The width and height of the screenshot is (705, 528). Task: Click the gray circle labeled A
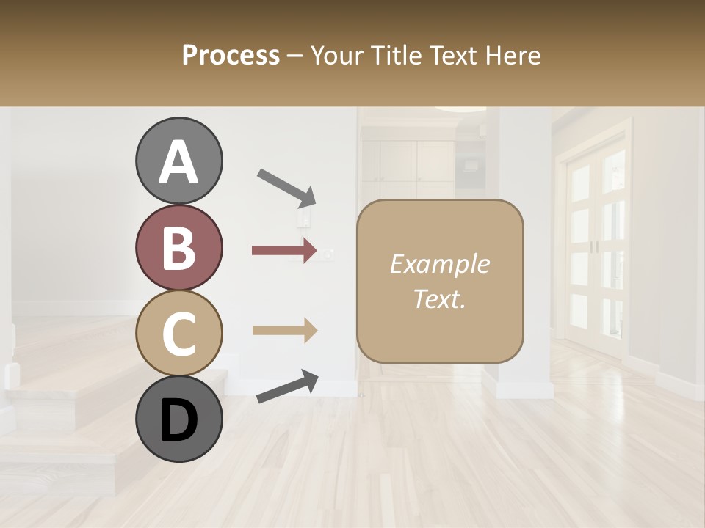click(x=179, y=161)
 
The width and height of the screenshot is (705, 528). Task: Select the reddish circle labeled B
click(x=179, y=247)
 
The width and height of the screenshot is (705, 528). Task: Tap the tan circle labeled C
click(x=179, y=333)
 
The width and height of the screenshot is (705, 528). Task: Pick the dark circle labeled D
click(x=179, y=419)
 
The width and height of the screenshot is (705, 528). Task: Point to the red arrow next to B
click(x=284, y=251)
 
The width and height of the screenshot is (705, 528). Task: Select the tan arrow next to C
click(x=284, y=330)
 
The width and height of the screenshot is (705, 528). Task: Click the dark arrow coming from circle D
click(x=287, y=386)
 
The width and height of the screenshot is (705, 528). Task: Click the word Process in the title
click(x=231, y=56)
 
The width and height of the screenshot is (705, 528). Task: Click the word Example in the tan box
click(x=440, y=264)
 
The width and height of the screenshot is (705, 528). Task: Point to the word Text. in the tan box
click(x=440, y=298)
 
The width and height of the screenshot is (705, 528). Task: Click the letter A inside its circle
click(x=179, y=162)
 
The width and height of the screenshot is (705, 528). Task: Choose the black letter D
click(x=179, y=420)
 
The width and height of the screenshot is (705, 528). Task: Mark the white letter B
click(x=179, y=248)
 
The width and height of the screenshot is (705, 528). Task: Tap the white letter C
click(x=179, y=334)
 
